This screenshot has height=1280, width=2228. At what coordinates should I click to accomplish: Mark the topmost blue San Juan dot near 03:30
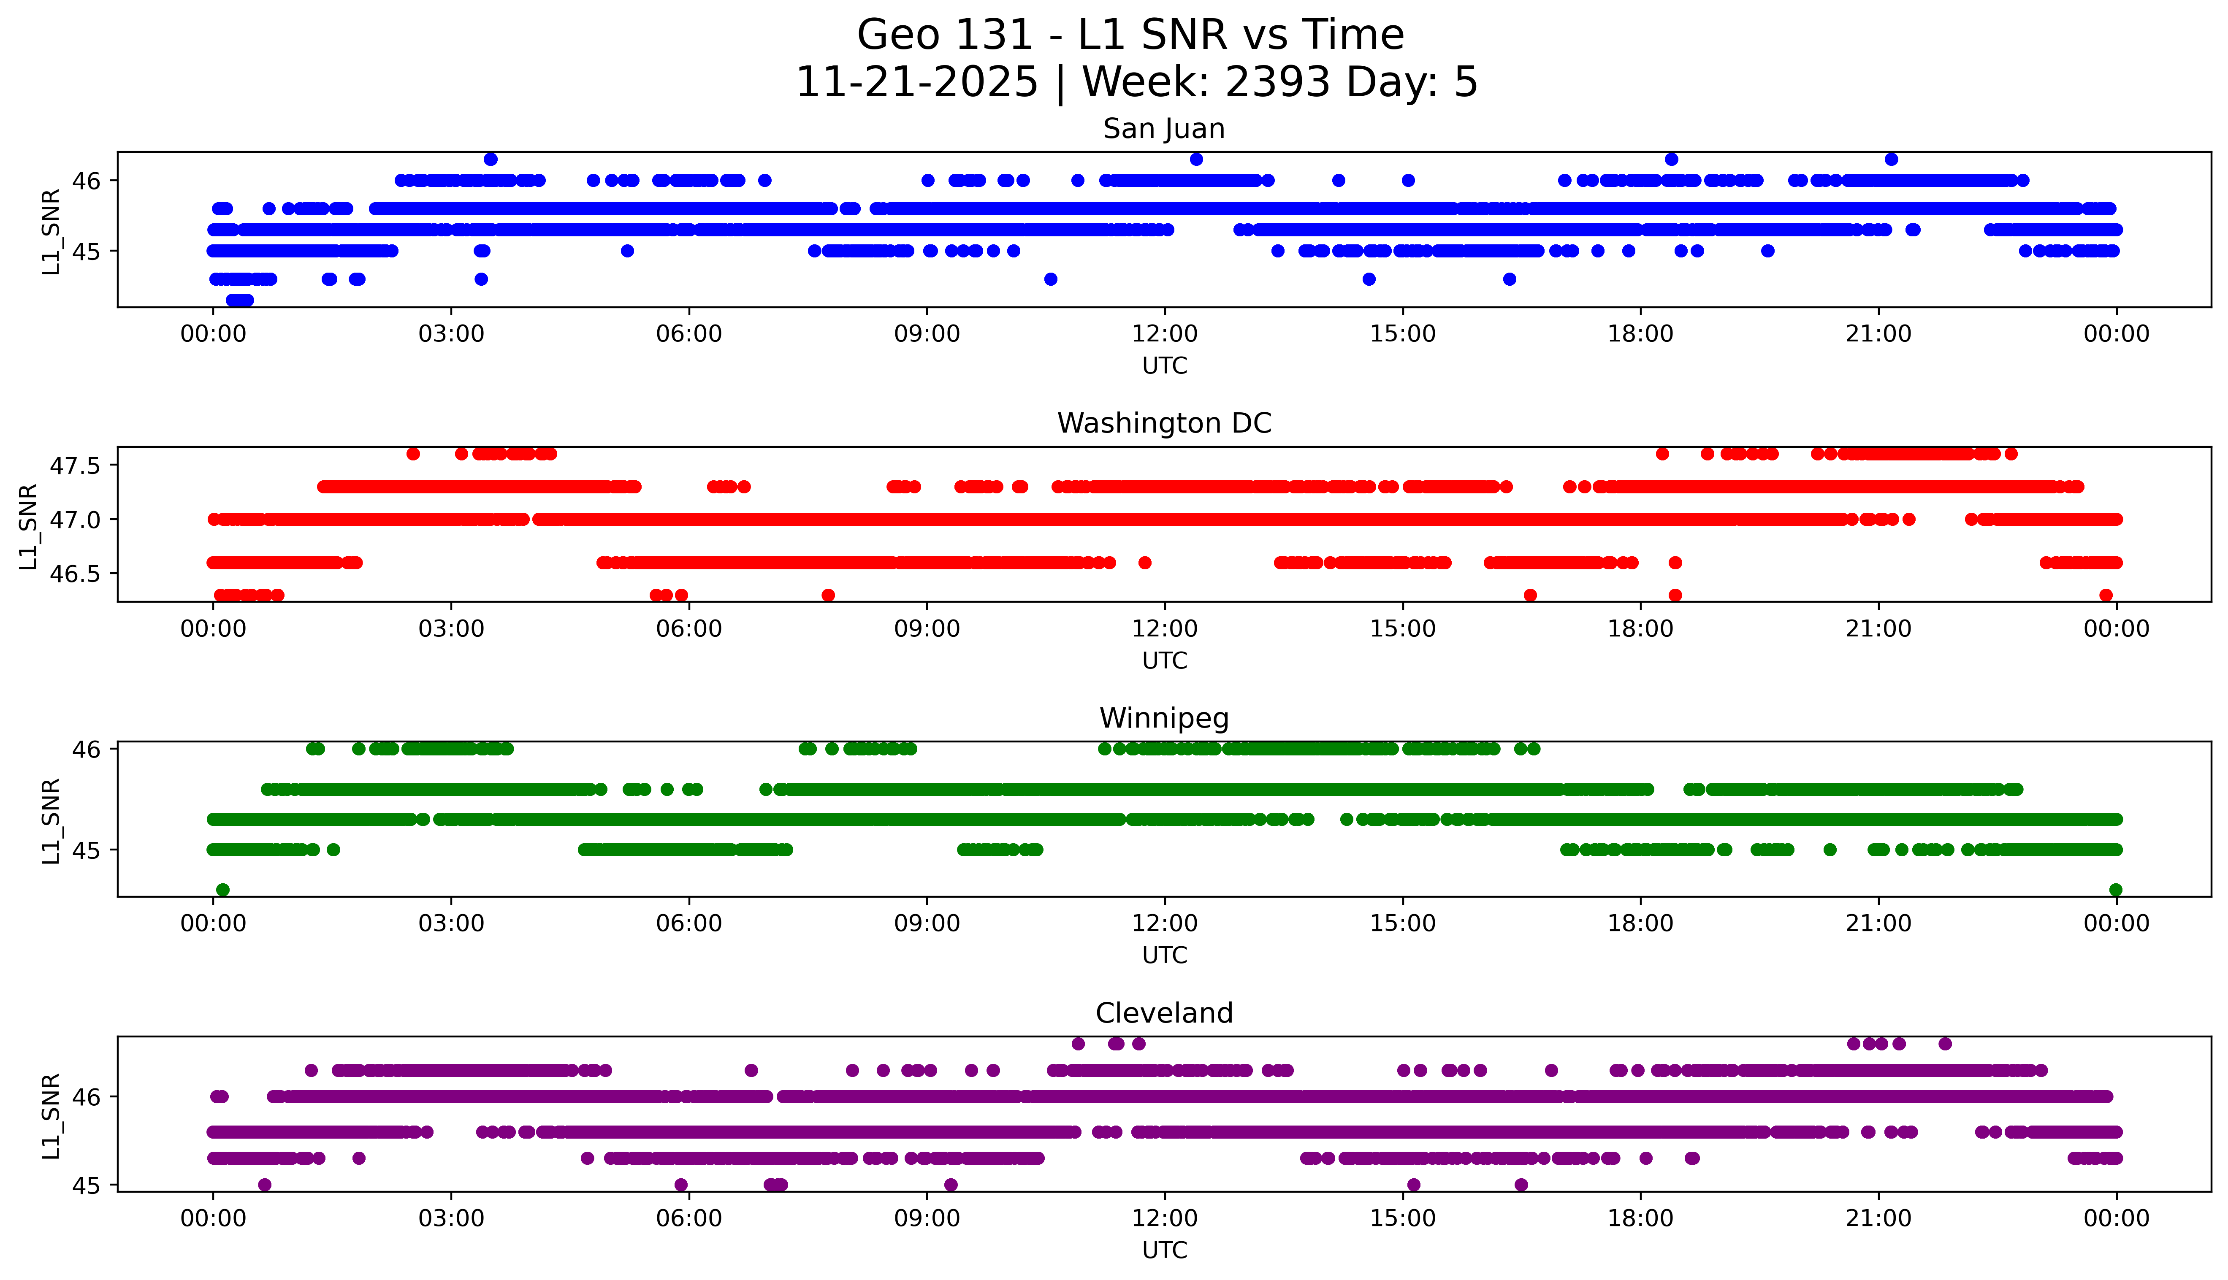[x=491, y=159]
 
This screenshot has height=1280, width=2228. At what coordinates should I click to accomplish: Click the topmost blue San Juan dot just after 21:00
[x=1891, y=159]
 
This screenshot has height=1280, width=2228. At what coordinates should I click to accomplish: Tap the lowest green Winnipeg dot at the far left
[x=222, y=890]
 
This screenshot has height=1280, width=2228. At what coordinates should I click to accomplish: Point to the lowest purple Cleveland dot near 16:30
[x=1521, y=1185]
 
